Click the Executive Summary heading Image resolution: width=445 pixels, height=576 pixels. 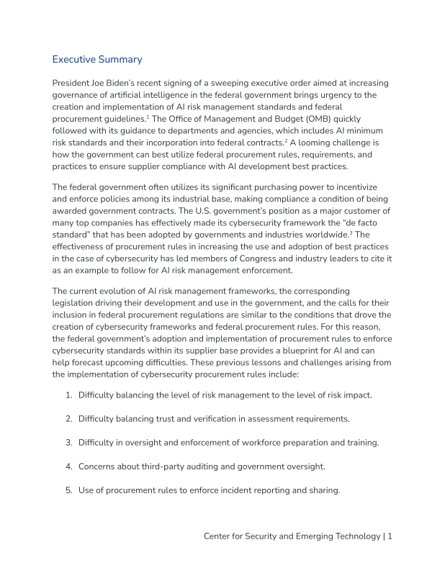click(97, 59)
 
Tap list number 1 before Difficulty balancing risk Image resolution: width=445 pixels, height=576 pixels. click(68, 395)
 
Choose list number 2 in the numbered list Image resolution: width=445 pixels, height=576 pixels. click(68, 418)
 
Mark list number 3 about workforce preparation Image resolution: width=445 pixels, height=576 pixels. click(68, 442)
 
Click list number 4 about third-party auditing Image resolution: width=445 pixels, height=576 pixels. click(68, 466)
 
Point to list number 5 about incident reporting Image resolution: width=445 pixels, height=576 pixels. click(68, 490)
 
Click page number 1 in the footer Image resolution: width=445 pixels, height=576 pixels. click(390, 536)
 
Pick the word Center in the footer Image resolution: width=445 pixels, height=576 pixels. click(220, 536)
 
